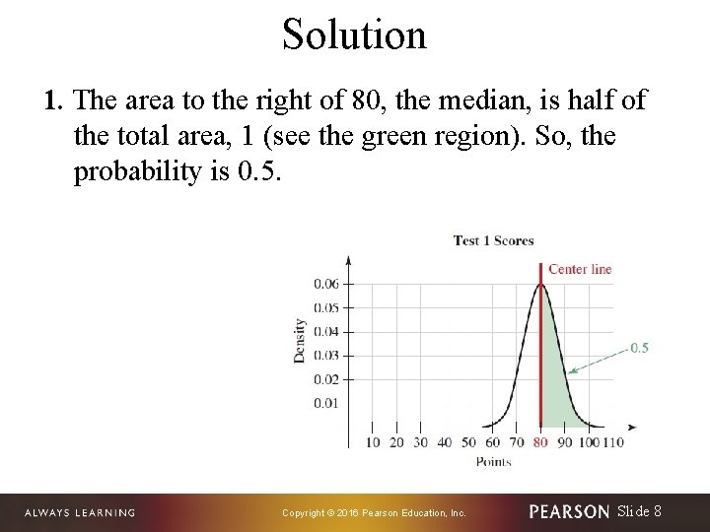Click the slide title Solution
click(354, 34)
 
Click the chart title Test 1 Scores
click(493, 240)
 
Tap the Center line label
click(580, 269)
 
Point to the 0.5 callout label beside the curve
click(639, 348)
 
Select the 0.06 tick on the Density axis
click(326, 284)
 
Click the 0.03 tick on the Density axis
click(326, 356)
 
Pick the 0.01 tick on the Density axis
click(326, 403)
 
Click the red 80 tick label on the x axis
click(540, 442)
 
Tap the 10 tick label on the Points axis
click(373, 442)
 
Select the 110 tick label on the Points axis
click(612, 442)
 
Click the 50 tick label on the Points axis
click(468, 442)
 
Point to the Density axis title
click(299, 340)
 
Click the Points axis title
click(493, 461)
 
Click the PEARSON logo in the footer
click(569, 511)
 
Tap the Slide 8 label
click(639, 511)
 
